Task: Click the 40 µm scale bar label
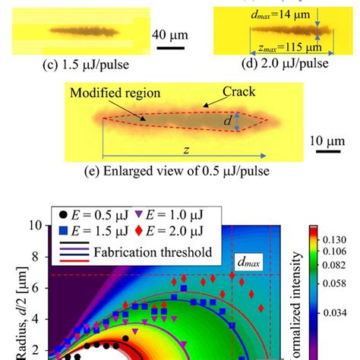click(x=175, y=34)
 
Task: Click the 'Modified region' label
click(x=109, y=93)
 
